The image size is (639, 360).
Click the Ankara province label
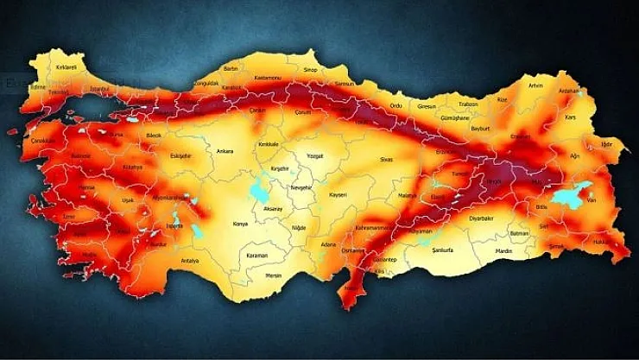coord(225,150)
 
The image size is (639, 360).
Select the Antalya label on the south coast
coord(190,261)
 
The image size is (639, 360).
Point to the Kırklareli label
coord(66,66)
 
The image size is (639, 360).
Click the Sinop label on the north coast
coord(310,69)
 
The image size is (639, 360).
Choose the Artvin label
coord(536,85)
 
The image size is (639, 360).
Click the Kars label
coord(569,117)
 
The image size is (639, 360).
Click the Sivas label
coord(386,160)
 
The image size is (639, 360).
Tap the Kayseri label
coord(338,195)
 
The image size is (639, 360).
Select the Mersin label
coord(275,276)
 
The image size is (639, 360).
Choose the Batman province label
coord(520,233)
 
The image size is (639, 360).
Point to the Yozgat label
coord(314,157)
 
